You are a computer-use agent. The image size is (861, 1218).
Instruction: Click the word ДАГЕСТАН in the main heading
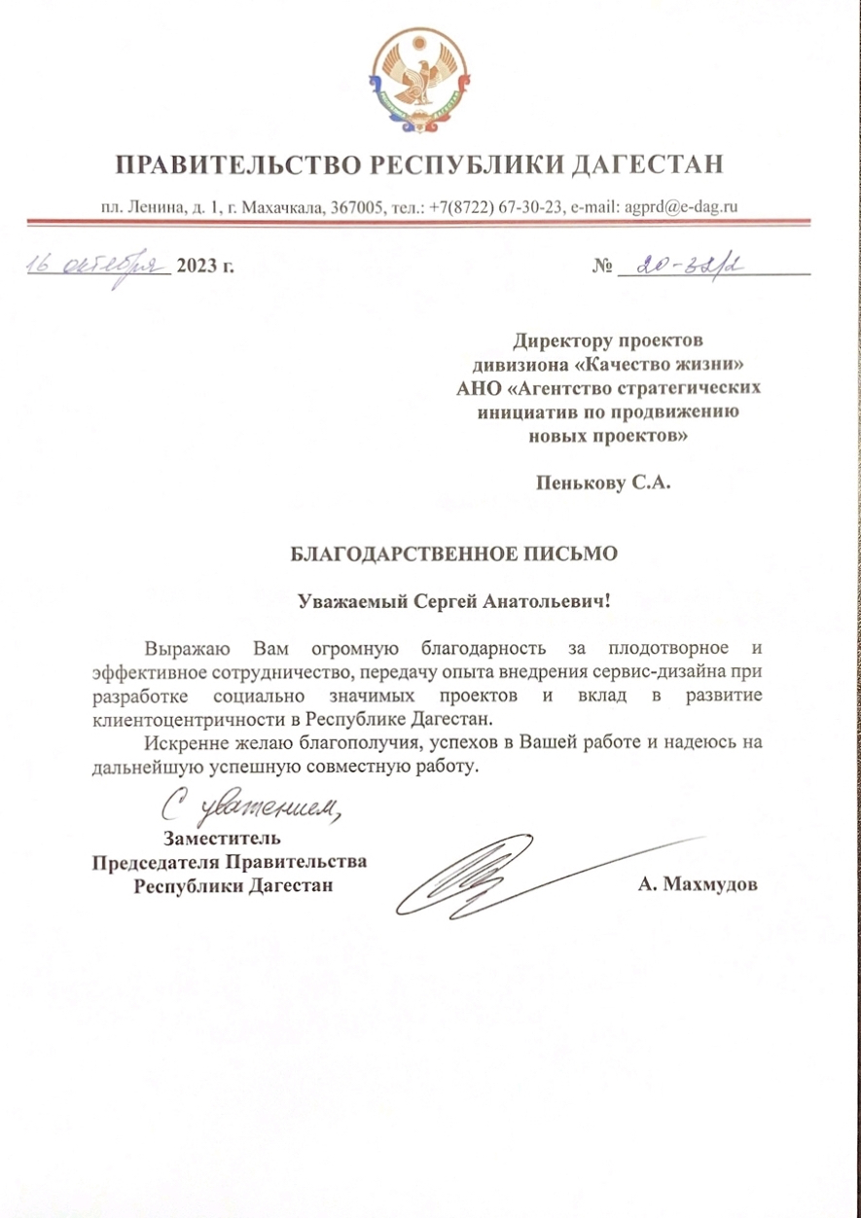coord(646,164)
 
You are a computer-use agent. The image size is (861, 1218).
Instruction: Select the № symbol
coord(602,266)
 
